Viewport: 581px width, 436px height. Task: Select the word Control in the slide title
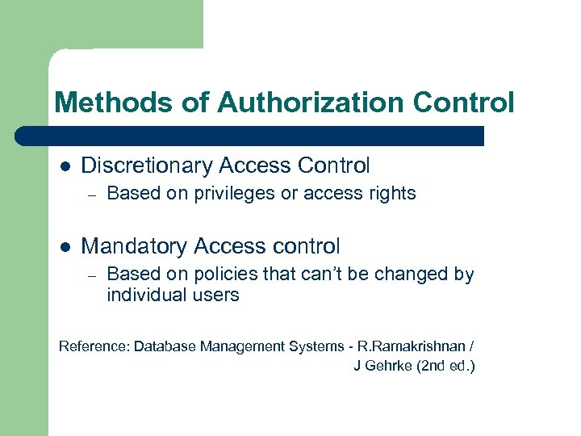coord(462,103)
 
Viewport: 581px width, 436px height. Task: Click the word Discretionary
coord(148,166)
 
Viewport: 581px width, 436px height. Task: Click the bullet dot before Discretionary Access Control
coord(65,166)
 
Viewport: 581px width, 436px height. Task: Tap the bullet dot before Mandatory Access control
coord(65,247)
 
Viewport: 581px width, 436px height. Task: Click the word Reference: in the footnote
coord(94,346)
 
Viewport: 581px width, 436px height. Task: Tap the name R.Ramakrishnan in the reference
coord(411,346)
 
